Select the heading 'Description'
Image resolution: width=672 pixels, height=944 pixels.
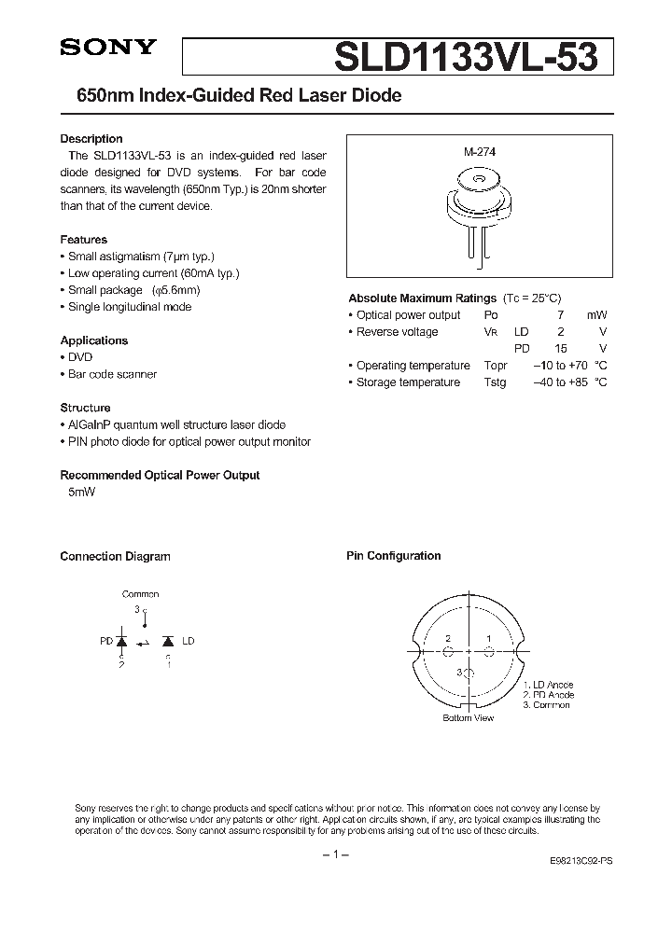[91, 139]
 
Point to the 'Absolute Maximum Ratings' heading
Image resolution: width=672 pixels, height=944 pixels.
[422, 298]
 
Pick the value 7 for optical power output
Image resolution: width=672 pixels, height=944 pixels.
[560, 315]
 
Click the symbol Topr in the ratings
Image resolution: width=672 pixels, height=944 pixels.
[496, 366]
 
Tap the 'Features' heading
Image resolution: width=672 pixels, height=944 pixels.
[84, 240]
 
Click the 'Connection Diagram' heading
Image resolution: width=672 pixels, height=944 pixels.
[115, 557]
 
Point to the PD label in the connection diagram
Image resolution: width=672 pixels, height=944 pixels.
[106, 642]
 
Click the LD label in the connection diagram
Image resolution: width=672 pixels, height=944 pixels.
[189, 642]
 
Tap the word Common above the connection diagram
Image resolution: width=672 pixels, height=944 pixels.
[140, 594]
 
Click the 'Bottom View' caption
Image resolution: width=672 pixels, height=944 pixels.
[469, 718]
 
